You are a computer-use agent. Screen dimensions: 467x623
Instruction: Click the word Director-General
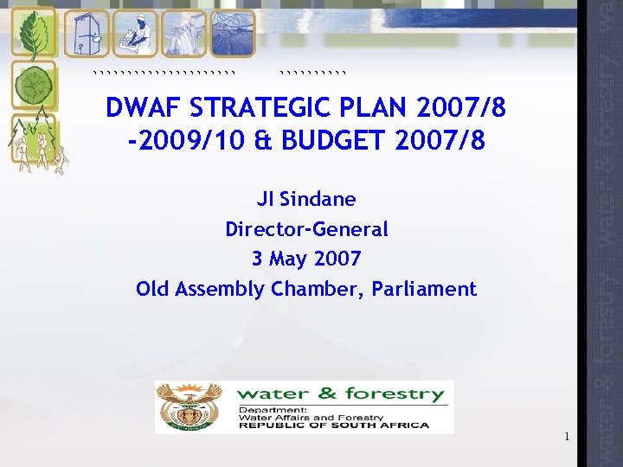[306, 229]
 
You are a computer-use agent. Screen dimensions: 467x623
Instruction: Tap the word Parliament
[424, 289]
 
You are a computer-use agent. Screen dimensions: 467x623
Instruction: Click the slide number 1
[566, 437]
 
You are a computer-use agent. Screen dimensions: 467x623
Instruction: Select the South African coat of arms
[189, 406]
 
